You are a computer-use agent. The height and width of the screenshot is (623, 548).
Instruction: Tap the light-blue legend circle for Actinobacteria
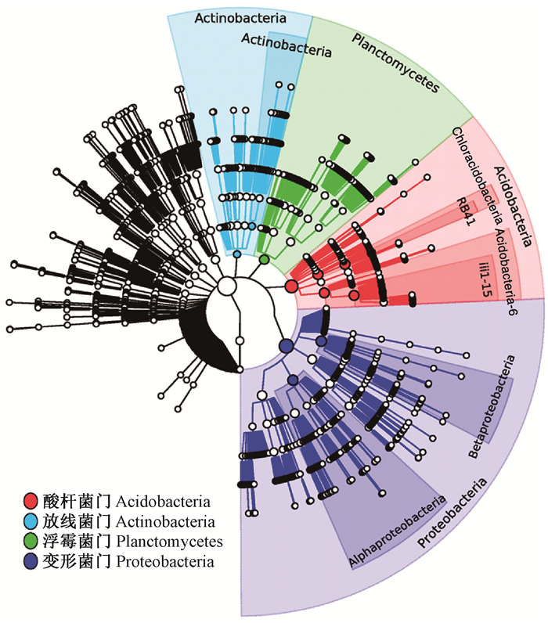pyautogui.click(x=31, y=521)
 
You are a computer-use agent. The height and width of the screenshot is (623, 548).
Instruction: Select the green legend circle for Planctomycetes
pyautogui.click(x=31, y=542)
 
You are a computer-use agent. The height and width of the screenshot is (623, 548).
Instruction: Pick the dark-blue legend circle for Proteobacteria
pyautogui.click(x=31, y=562)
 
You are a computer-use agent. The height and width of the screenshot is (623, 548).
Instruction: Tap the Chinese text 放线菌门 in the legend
pyautogui.click(x=74, y=521)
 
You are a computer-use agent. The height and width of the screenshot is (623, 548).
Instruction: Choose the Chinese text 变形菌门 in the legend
pyautogui.click(x=74, y=562)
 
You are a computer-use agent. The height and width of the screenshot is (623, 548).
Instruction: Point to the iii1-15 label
pyautogui.click(x=483, y=279)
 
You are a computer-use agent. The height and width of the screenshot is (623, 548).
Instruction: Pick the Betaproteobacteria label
pyautogui.click(x=493, y=408)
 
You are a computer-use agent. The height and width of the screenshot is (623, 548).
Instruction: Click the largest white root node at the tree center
pyautogui.click(x=226, y=286)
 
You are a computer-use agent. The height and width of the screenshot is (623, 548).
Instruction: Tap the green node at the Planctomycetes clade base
pyautogui.click(x=265, y=258)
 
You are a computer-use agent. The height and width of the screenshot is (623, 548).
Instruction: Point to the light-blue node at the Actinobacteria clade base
pyautogui.click(x=237, y=254)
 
